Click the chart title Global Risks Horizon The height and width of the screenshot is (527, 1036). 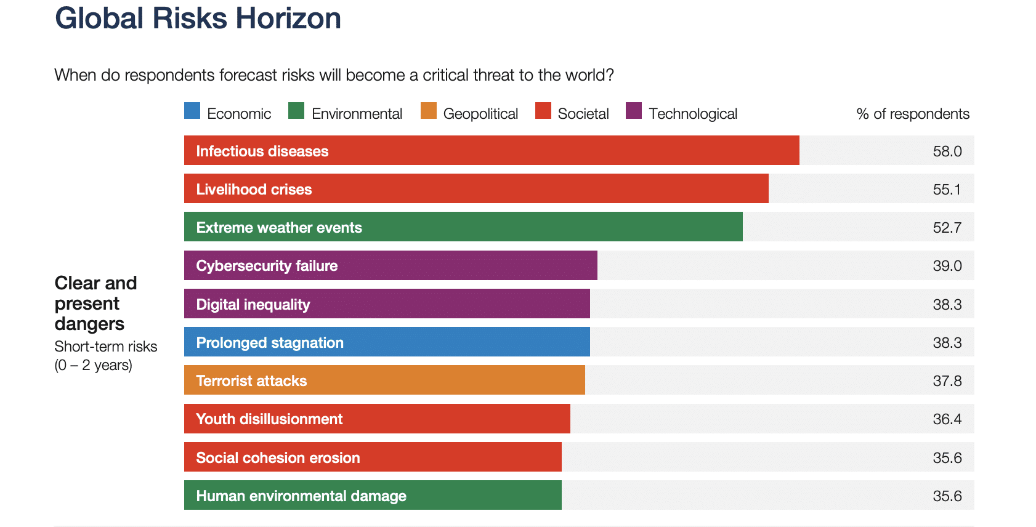point(198,18)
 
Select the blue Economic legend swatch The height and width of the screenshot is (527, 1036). point(192,111)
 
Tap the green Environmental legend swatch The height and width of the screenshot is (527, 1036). point(296,111)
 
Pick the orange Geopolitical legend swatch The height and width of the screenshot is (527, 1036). point(428,111)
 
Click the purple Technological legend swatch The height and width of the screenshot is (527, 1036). point(634,111)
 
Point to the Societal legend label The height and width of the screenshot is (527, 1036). point(583,114)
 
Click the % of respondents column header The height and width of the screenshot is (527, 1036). point(912,114)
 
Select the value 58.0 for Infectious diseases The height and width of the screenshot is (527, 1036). point(947,151)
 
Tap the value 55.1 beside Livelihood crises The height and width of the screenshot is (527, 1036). point(947,190)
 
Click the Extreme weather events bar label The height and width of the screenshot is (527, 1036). point(279,228)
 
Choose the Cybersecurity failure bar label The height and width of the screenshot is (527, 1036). point(267,266)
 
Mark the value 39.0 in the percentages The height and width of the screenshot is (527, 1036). point(947,266)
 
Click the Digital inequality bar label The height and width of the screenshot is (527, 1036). point(253,305)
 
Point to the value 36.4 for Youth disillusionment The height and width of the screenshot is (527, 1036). point(947,419)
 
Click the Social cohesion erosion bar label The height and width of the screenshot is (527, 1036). point(278,458)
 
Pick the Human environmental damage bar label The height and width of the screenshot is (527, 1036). point(301,496)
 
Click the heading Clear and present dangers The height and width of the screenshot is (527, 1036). point(95,304)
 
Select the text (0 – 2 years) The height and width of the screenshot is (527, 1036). point(93,366)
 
